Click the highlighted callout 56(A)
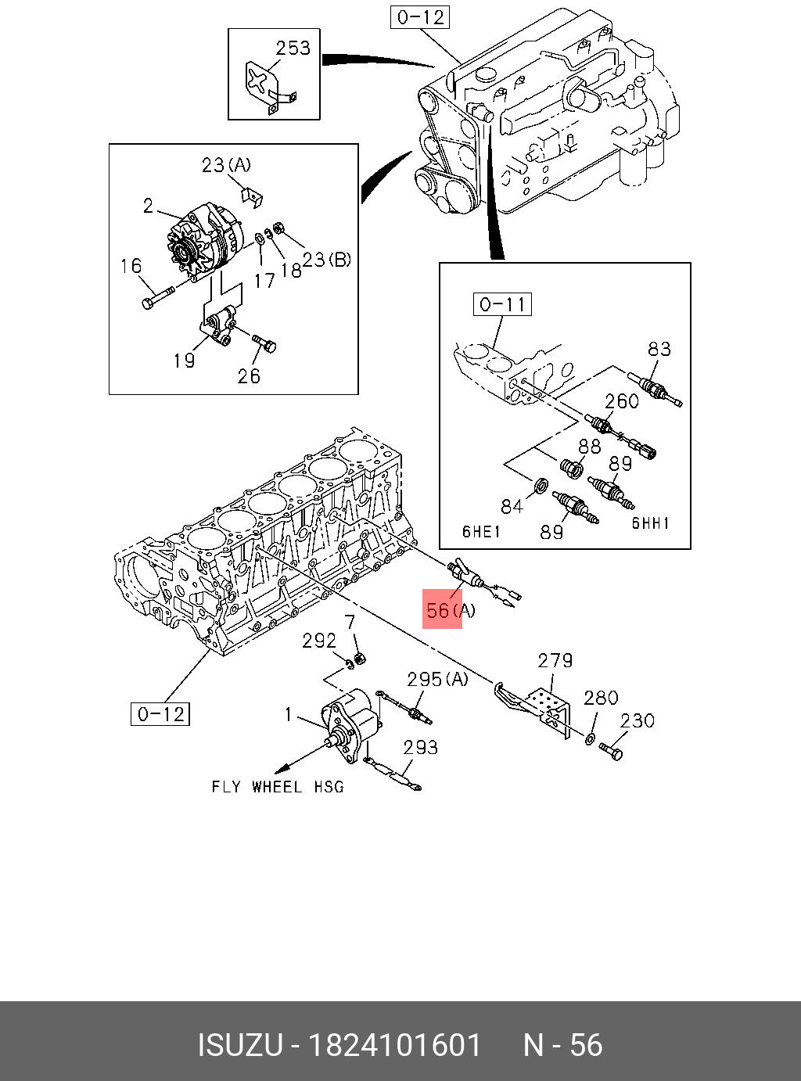tap(448, 610)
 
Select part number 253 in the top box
tap(293, 48)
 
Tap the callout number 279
tap(555, 661)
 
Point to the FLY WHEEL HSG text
tap(278, 787)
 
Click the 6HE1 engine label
tap(481, 532)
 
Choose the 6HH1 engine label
tap(651, 523)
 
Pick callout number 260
tap(622, 401)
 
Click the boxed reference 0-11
tap(502, 304)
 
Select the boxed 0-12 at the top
tap(420, 17)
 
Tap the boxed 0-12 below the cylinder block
tap(160, 713)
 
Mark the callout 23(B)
tap(327, 260)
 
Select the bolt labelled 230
tap(612, 752)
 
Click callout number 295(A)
tap(436, 679)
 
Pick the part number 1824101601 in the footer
tap(395, 1045)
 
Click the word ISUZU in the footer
tap(239, 1045)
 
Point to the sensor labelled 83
tap(660, 390)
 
